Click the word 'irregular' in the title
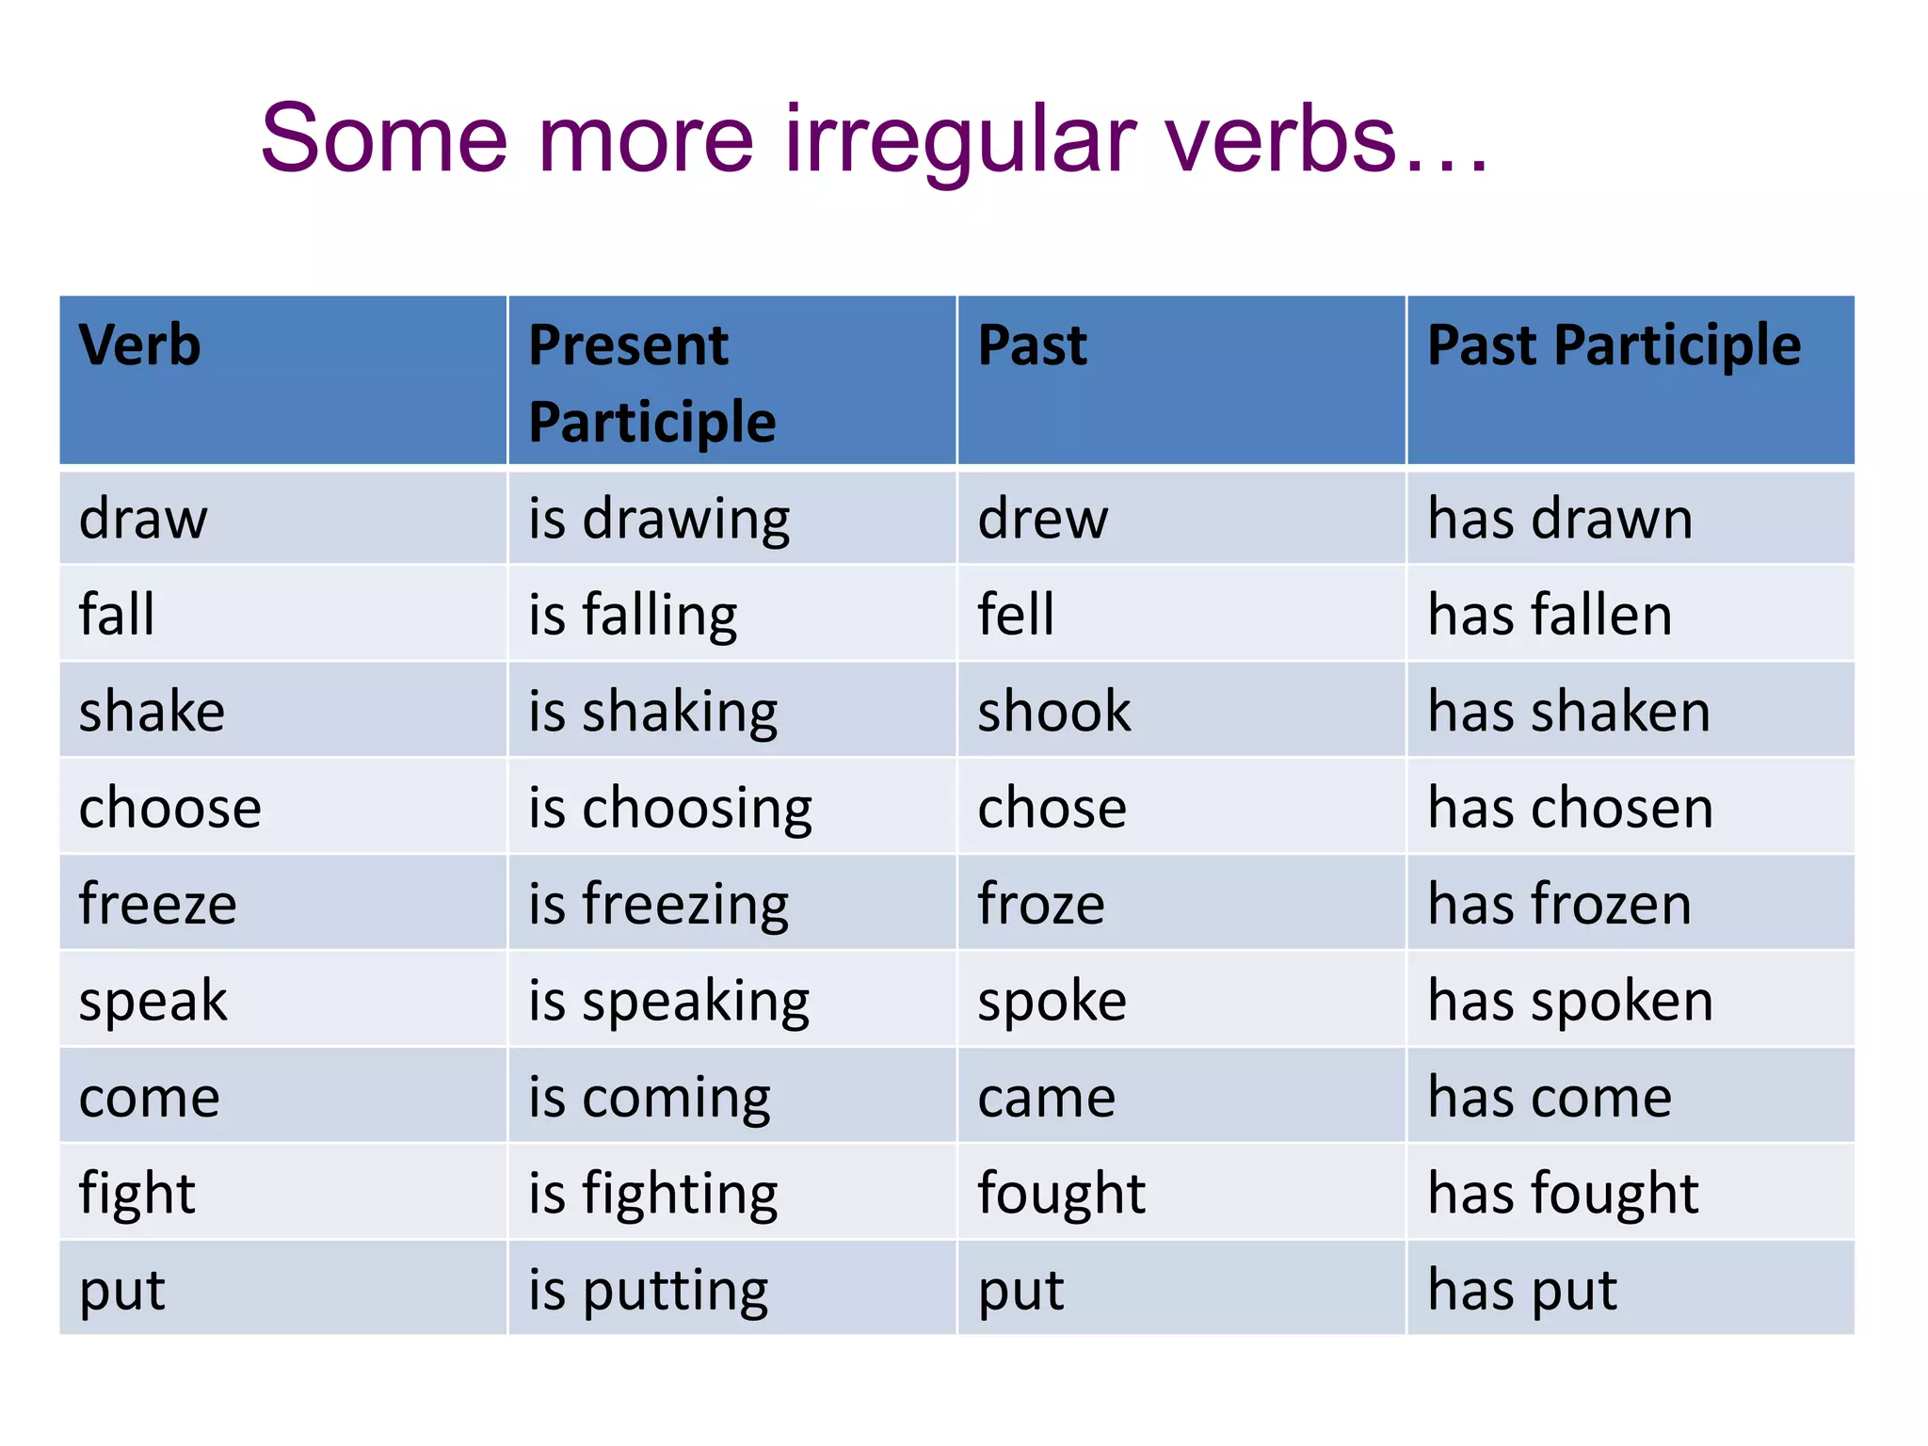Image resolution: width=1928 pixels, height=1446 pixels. tap(960, 141)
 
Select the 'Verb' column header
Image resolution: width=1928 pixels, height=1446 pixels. tap(140, 345)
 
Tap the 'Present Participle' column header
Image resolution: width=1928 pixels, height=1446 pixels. tap(651, 383)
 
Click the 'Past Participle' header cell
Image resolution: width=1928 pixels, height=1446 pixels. tap(1614, 345)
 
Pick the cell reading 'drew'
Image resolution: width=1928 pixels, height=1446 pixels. tap(1043, 519)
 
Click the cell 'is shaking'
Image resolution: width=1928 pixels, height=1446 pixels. tap(652, 712)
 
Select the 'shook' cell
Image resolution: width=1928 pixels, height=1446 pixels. tap(1054, 712)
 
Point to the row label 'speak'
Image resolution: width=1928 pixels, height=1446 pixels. tap(153, 1001)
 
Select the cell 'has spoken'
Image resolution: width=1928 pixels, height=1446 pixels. tap(1570, 1001)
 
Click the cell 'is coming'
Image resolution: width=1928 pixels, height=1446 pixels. tap(650, 1098)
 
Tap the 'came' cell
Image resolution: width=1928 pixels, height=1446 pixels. tap(1047, 1098)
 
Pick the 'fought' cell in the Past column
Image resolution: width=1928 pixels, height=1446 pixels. tap(1061, 1194)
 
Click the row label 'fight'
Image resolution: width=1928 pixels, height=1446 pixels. tap(137, 1194)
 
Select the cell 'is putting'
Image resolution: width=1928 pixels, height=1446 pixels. tap(648, 1290)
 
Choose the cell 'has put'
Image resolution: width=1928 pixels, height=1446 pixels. tap(1522, 1290)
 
